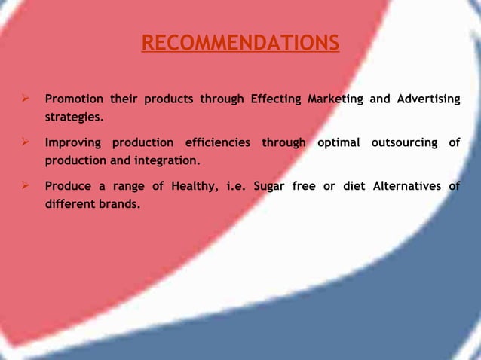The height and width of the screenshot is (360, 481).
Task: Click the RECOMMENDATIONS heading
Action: point(240,44)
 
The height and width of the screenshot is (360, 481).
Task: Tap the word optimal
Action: point(338,142)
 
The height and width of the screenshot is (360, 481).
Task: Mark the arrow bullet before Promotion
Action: point(26,99)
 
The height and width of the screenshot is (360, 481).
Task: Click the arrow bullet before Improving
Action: point(26,142)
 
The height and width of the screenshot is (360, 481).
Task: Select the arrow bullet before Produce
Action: point(26,185)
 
